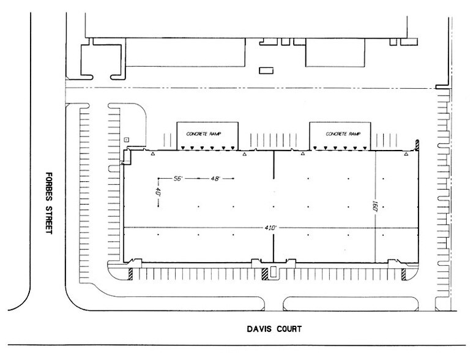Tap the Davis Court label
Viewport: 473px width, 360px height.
[x=270, y=329]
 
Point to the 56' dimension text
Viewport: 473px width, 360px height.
[x=179, y=178]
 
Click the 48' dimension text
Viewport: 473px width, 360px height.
[x=213, y=178]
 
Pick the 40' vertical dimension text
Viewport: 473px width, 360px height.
[x=158, y=192]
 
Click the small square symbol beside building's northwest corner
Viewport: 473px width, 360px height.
[x=127, y=140]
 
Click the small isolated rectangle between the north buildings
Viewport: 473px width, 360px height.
[x=265, y=70]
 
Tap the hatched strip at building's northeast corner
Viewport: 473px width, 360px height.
[x=417, y=144]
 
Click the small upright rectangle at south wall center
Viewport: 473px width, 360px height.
[x=273, y=273]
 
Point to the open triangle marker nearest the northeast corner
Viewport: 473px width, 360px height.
[x=404, y=155]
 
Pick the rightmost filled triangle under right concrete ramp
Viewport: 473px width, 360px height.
[x=365, y=148]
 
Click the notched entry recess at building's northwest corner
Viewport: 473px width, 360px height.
[x=128, y=157]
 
